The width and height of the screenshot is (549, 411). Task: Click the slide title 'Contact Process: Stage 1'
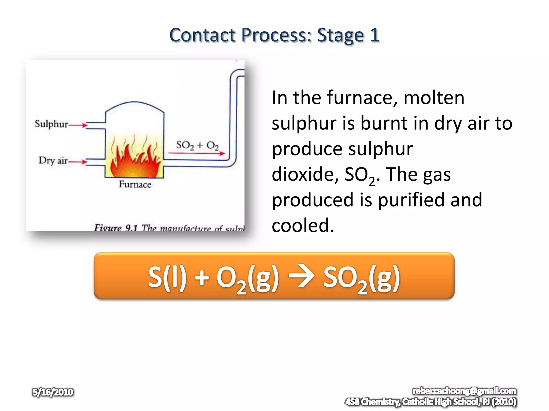pos(274,35)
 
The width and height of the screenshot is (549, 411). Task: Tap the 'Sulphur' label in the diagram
pos(51,124)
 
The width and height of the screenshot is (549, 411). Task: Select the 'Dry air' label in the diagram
pos(53,160)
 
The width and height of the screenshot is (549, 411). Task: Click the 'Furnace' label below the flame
pos(135,184)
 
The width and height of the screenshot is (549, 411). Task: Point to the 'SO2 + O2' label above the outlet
pos(197,145)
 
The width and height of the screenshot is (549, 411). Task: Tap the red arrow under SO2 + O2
pos(196,153)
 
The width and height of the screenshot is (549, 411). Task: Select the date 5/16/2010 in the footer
pos(53,392)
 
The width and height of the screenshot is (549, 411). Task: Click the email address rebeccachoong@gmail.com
pos(464,391)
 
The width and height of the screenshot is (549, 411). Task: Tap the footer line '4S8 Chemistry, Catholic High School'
pos(431,402)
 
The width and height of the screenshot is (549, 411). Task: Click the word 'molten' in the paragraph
pos(434,98)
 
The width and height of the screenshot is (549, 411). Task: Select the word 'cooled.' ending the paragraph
pos(303,226)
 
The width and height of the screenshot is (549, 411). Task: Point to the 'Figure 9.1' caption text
pos(116,228)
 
